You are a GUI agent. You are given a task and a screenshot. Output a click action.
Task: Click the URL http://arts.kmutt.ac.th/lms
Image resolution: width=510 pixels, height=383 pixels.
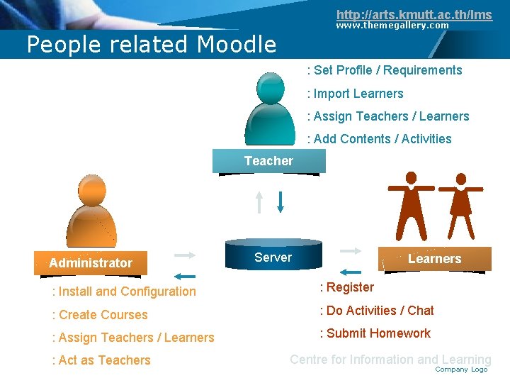click(414, 14)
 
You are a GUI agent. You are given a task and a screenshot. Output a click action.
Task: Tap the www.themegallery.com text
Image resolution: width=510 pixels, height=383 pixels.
click(392, 26)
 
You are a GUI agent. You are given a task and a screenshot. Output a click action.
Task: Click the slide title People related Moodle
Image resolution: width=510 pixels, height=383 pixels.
click(151, 45)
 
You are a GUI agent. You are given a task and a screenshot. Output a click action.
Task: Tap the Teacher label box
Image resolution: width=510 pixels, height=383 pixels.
click(268, 162)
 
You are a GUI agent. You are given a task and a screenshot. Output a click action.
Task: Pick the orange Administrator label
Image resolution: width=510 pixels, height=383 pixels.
click(91, 263)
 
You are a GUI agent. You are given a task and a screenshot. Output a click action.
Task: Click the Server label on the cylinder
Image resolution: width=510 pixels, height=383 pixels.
click(273, 257)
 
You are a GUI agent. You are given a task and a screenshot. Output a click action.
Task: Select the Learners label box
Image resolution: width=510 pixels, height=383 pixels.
click(434, 259)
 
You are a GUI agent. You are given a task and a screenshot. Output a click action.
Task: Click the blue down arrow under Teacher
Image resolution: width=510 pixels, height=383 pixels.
click(280, 201)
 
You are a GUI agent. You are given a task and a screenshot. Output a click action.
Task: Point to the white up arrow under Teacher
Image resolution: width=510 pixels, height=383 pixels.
click(260, 201)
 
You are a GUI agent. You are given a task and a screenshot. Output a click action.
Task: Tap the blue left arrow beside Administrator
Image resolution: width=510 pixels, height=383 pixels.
click(185, 276)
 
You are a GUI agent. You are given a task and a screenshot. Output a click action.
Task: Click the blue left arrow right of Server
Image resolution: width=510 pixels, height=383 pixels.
click(351, 271)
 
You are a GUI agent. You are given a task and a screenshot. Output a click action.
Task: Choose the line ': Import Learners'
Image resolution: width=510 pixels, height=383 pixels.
click(355, 94)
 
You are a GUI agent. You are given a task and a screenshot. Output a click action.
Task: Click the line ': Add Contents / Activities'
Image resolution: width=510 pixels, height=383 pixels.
click(379, 139)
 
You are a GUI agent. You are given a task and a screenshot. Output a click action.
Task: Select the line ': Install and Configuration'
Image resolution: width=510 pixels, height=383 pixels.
click(124, 292)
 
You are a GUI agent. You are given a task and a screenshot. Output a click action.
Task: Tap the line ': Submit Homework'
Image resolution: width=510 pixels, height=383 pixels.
click(375, 333)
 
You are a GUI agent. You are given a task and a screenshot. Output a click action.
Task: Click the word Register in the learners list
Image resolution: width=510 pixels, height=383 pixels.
click(350, 287)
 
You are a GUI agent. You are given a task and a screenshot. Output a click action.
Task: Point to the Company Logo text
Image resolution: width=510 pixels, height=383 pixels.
click(461, 370)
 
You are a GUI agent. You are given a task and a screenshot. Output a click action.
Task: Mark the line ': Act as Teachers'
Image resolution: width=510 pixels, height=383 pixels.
click(101, 360)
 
